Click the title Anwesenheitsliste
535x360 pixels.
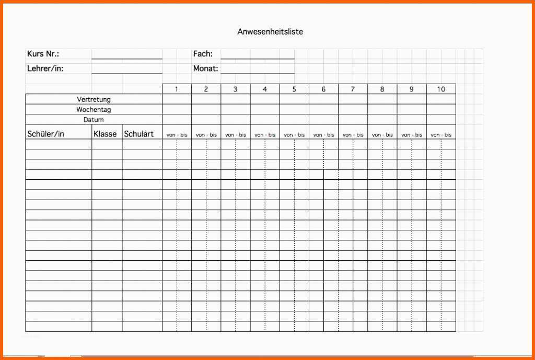[x=270, y=32]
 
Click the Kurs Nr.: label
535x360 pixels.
[x=43, y=54]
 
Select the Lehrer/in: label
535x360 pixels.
[x=45, y=68]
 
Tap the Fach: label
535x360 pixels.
[x=203, y=54]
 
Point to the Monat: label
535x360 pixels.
[x=206, y=68]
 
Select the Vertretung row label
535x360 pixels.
[x=94, y=99]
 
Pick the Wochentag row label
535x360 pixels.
[x=94, y=110]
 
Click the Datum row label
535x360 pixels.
[x=94, y=120]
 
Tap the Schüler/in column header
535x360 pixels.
[x=46, y=134]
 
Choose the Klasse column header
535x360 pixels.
[x=106, y=134]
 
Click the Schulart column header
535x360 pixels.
[x=139, y=134]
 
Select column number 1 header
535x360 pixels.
[x=177, y=89]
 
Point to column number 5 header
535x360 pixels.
[x=294, y=89]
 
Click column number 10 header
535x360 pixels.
[x=441, y=89]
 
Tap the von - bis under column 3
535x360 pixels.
[x=235, y=135]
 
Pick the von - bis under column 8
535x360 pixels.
[x=382, y=135]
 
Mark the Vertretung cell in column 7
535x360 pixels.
[x=353, y=99]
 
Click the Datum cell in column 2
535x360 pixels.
[x=206, y=120]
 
